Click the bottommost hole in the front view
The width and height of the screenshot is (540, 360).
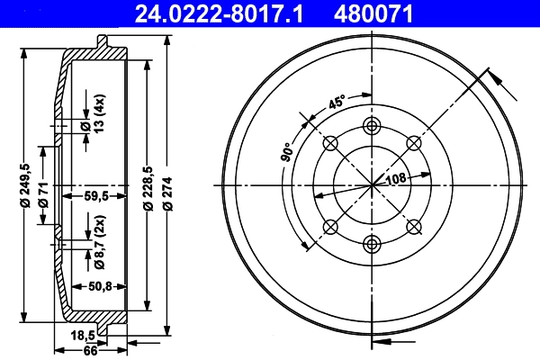tap(372, 242)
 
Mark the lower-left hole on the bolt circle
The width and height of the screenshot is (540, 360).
tap(330, 226)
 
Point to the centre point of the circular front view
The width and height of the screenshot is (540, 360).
tap(372, 184)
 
